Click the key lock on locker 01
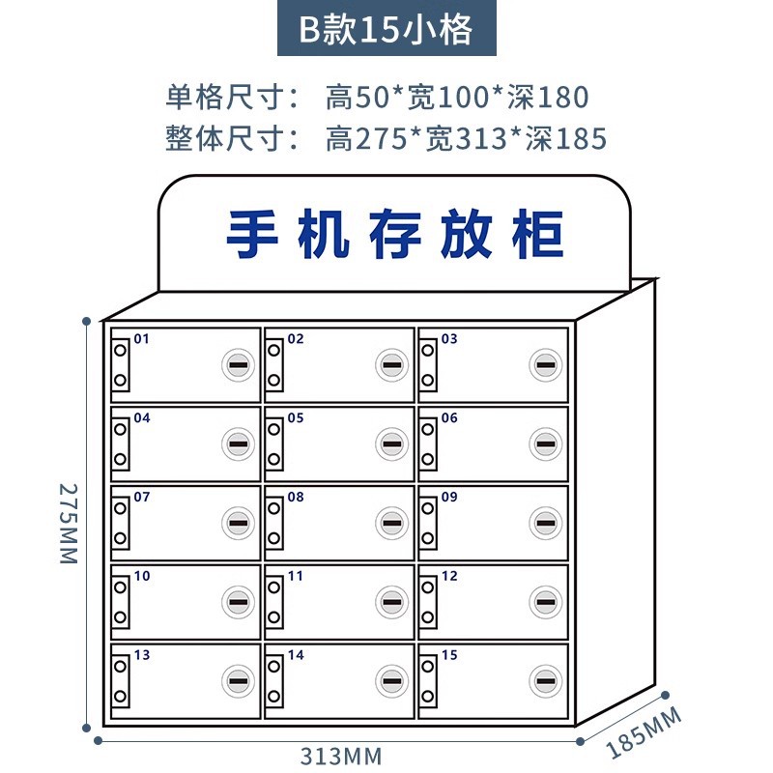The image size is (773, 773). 237,365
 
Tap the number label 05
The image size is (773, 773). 296,418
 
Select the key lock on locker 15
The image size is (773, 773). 544,681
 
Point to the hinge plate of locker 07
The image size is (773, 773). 121,524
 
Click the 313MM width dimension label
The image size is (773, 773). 341,756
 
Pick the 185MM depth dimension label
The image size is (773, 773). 644,732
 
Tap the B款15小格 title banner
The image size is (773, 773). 386,30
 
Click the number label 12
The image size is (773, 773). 449,576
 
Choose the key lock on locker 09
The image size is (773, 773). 544,524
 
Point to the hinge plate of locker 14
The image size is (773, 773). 275,681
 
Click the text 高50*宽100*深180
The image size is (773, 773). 457,97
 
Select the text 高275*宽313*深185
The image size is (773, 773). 467,139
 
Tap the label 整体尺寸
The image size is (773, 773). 233,139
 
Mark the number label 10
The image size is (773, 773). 142,576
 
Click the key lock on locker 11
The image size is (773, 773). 390,602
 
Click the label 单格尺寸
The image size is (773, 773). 233,97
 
